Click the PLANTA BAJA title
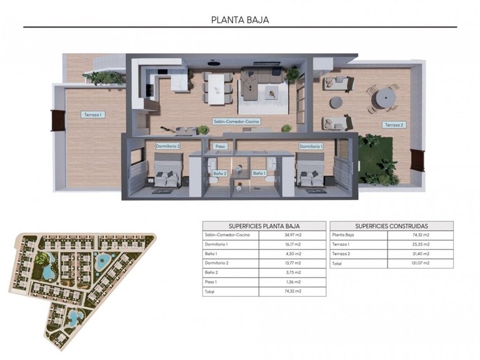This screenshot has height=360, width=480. [240, 19]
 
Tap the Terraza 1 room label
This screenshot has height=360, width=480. [92, 114]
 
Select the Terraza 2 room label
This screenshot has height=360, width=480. [394, 125]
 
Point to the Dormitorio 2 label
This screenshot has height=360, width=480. [167, 146]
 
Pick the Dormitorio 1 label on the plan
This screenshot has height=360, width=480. [311, 146]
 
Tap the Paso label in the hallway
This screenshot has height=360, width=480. [220, 146]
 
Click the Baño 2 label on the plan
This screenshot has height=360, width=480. [219, 173]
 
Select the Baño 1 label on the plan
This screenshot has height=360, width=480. [259, 173]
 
